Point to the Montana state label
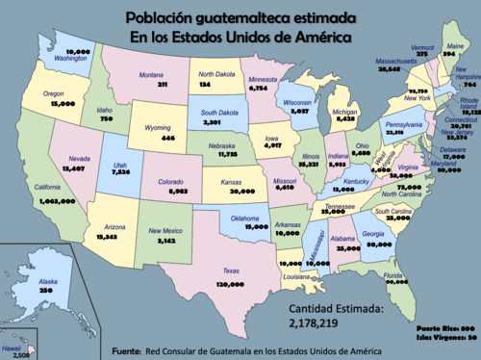click(151, 74)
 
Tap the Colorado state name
click(169, 181)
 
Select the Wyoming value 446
click(168, 138)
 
